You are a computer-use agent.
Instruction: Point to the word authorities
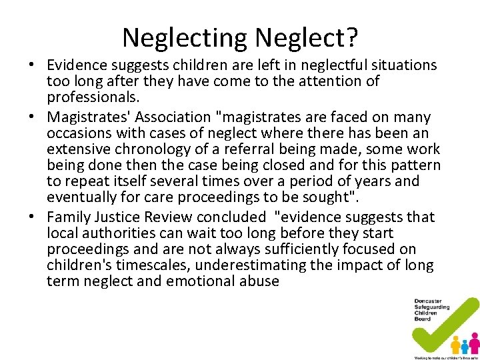[119, 233]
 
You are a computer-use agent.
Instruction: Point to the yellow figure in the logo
[456, 344]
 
